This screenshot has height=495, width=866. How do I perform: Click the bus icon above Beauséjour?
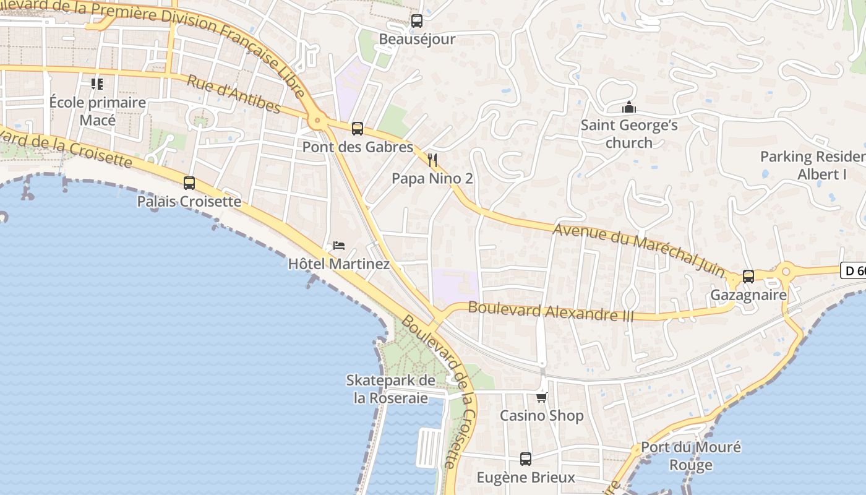point(417,21)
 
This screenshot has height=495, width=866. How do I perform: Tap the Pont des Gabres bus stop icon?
point(357,129)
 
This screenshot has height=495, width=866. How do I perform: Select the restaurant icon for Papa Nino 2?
point(432,161)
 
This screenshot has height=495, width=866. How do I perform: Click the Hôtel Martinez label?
point(339,264)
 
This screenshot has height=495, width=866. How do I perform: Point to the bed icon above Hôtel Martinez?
point(338,246)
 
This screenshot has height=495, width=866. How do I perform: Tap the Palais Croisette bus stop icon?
point(189,183)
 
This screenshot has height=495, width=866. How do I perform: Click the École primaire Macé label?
point(98,111)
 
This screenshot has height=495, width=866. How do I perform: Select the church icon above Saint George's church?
point(629,108)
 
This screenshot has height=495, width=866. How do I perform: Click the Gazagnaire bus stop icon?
point(748,277)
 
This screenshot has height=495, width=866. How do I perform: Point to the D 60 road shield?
point(854,270)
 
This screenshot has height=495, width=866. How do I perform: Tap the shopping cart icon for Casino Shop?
point(541,397)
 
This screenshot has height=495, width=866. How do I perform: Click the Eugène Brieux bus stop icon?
point(525,459)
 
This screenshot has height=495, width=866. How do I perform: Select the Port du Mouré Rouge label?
point(690,456)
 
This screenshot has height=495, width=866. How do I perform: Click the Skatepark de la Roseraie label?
point(390,389)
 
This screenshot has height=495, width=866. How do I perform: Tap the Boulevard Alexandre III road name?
point(551,311)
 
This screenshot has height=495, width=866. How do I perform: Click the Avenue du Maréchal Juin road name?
point(638,250)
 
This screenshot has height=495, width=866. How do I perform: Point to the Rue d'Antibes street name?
point(233,95)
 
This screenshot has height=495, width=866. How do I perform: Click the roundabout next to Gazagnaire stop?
point(786,270)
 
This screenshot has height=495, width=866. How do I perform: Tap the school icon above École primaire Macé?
point(97,84)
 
